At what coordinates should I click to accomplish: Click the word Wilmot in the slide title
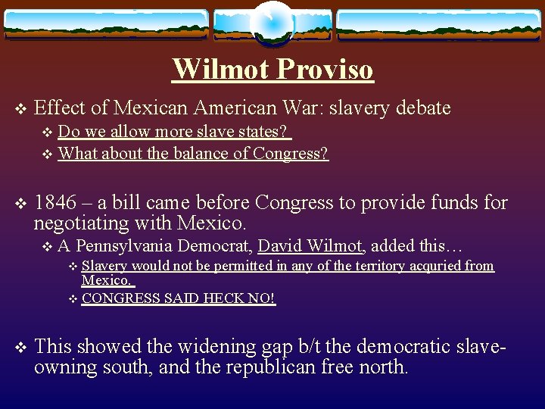tap(220, 69)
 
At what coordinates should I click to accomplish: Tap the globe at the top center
tap(272, 23)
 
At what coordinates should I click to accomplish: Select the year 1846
tap(55, 203)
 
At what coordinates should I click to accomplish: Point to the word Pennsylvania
tap(123, 245)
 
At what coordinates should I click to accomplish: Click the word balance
tap(195, 154)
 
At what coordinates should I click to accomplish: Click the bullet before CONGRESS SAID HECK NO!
tap(73, 299)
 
